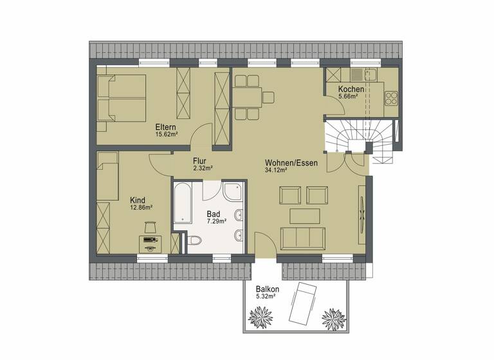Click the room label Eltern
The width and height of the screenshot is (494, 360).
(166, 127)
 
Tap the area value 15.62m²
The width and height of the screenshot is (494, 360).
(166, 135)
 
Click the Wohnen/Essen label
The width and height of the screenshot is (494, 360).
(291, 163)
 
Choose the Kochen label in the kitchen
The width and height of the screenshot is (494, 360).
(351, 89)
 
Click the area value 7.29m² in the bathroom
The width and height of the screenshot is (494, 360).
(215, 221)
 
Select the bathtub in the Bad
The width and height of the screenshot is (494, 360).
(182, 203)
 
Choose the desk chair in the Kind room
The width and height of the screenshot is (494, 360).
(151, 226)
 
